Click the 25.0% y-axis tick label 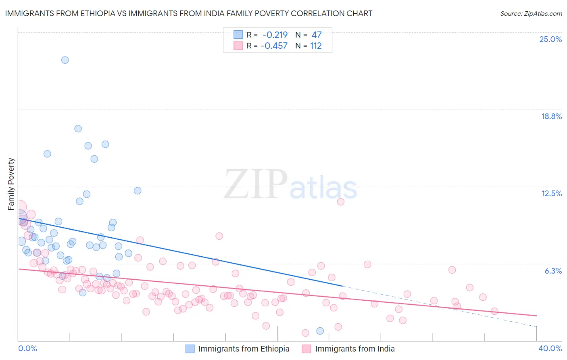(x=550, y=39)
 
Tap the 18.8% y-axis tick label (x=551, y=116)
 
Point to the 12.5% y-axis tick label (x=551, y=193)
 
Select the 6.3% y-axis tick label (x=553, y=271)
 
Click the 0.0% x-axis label (x=28, y=348)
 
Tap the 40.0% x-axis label (x=550, y=348)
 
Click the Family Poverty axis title (x=11, y=184)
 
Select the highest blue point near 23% (x=65, y=60)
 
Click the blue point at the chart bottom (x=320, y=331)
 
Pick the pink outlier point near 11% (x=341, y=202)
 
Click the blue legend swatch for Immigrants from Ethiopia (x=190, y=349)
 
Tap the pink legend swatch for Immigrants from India (x=306, y=349)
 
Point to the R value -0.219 (x=275, y=35)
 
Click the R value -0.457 (x=274, y=46)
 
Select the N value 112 (x=316, y=46)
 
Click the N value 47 (x=317, y=35)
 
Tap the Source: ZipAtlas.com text (x=531, y=13)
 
